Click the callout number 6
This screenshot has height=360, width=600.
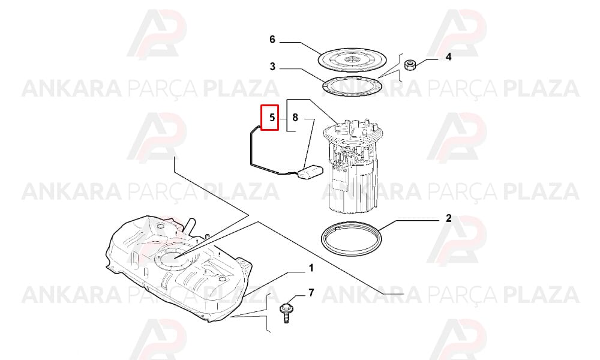tap(272, 40)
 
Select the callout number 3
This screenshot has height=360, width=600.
tap(272, 67)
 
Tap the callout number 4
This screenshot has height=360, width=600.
tap(448, 57)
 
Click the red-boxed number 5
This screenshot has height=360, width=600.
tap(272, 117)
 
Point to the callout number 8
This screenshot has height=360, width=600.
tap(295, 117)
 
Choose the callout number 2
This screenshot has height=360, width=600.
tap(448, 218)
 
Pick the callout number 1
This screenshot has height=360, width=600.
tap(311, 268)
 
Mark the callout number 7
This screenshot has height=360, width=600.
tap(311, 293)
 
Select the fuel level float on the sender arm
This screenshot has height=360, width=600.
tap(311, 172)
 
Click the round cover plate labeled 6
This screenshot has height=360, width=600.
tap(352, 59)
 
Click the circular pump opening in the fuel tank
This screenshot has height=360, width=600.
tap(173, 259)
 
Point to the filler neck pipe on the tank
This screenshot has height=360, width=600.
tap(190, 224)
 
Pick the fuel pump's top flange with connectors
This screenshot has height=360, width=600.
tap(353, 132)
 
